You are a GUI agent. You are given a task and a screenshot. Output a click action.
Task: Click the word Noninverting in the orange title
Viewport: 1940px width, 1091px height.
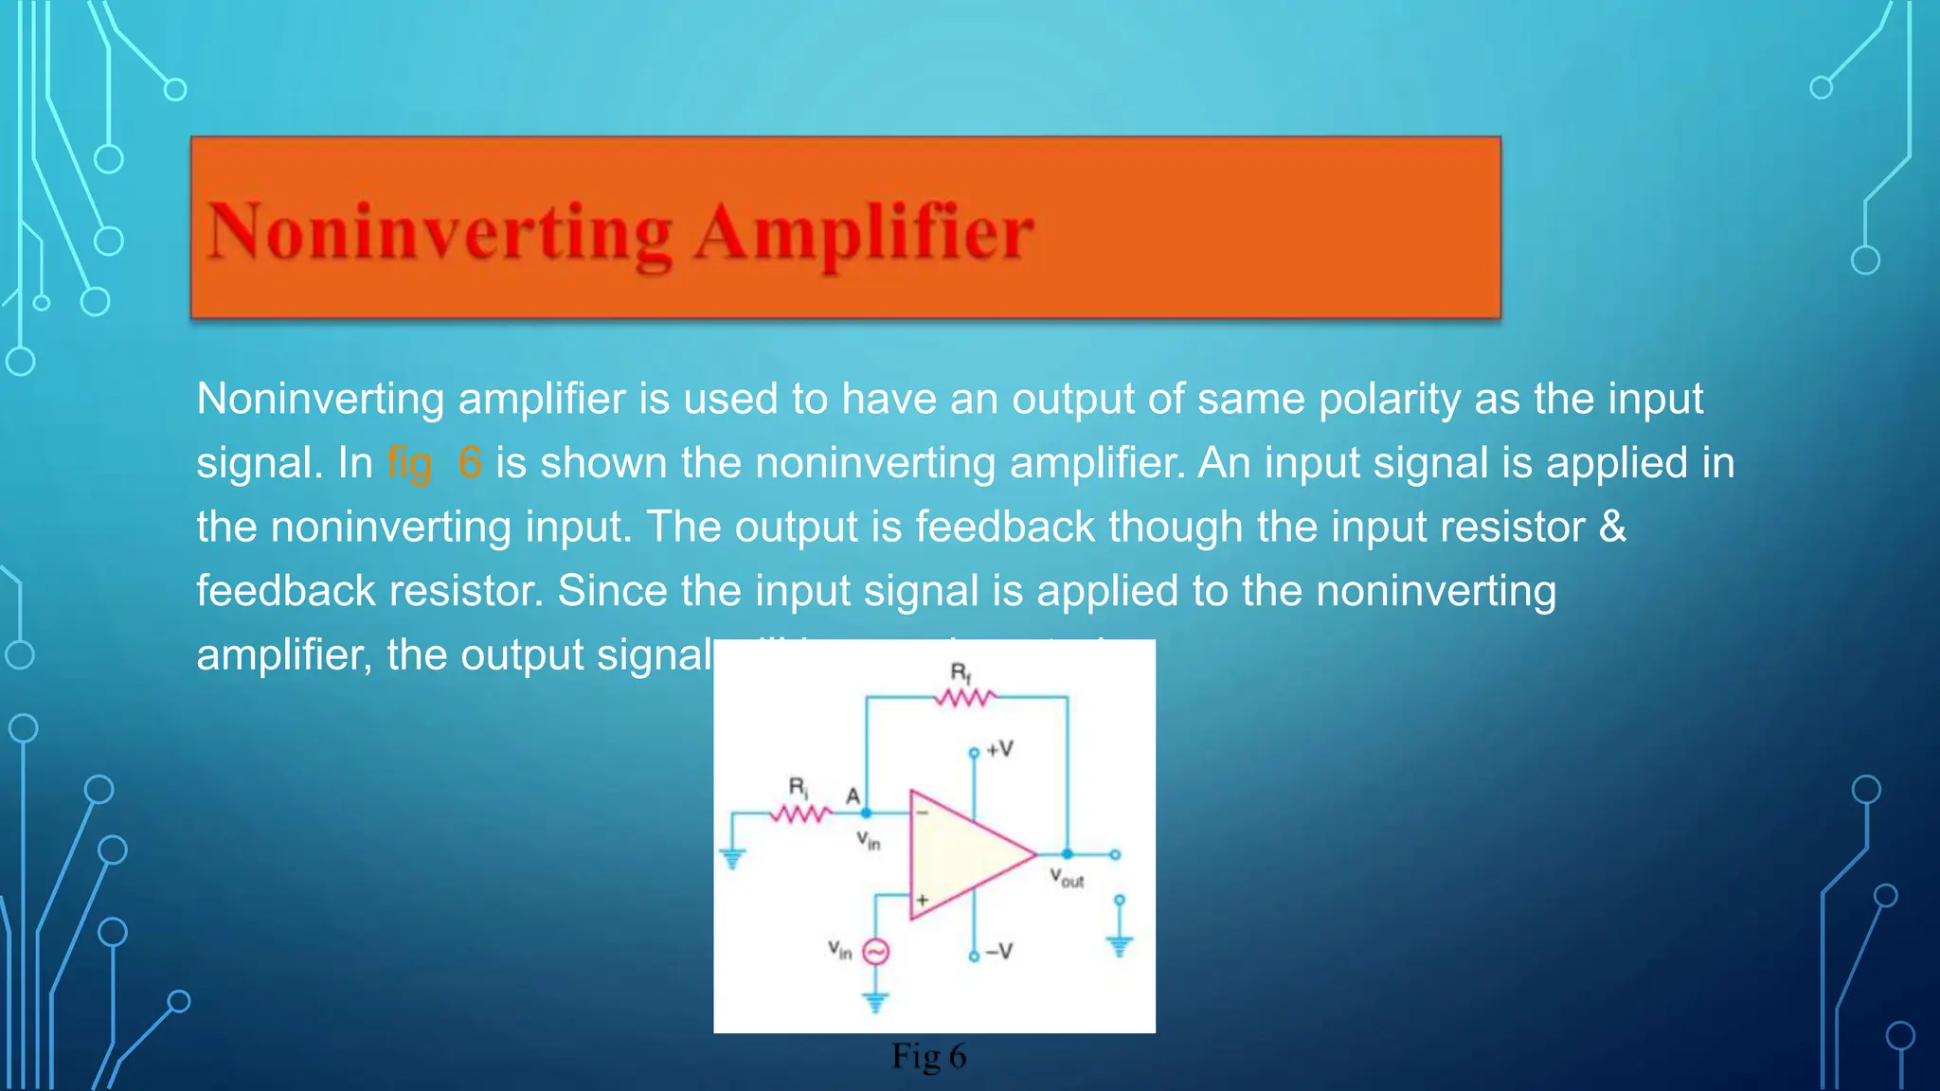click(440, 233)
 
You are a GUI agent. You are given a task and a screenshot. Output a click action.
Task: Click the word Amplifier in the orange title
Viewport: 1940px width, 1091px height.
click(864, 233)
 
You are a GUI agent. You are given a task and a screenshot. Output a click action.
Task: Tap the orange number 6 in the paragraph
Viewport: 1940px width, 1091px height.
click(470, 463)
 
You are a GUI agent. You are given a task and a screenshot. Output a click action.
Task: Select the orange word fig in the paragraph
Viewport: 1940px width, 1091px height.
click(409, 463)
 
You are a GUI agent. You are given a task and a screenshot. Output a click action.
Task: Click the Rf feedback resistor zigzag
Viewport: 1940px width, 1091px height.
click(964, 699)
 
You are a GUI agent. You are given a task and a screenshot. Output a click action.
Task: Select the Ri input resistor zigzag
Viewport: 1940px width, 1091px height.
click(800, 814)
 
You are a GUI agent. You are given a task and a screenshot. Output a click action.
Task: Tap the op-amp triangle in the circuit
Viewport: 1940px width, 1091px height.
click(966, 854)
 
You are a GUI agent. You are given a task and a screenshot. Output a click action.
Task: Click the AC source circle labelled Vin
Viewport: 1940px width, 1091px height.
click(876, 952)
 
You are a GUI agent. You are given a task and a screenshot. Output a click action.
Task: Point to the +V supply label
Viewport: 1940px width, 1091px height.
click(999, 750)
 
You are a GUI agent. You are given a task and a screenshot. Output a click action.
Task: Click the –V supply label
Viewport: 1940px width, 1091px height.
click(998, 952)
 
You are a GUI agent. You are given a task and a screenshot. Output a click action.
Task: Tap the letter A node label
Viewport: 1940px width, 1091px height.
click(853, 796)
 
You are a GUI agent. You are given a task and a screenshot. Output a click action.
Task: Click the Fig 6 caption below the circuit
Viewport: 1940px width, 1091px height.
click(928, 1056)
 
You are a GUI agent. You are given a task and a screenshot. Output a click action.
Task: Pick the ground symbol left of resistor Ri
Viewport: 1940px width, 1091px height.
click(732, 858)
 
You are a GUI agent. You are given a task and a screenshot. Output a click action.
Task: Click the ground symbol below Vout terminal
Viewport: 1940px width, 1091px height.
click(1120, 944)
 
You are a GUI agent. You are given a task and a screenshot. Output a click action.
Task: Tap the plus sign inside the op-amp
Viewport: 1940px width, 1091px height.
click(922, 900)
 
